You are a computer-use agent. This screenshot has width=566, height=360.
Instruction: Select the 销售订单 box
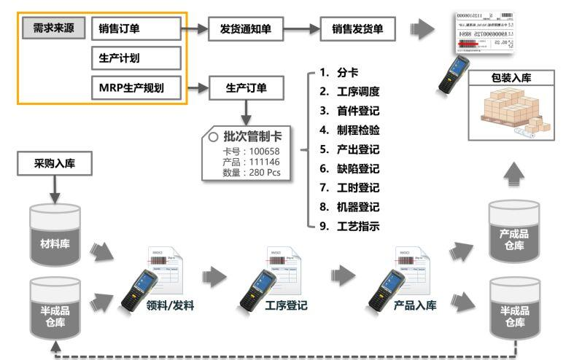click(136, 30)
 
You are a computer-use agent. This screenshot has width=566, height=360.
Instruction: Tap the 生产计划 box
click(136, 58)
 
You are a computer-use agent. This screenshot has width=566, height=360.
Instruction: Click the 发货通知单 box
click(246, 30)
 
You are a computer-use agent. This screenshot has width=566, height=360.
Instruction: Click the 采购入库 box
click(54, 165)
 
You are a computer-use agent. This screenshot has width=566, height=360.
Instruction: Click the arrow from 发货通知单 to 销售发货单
click(301, 30)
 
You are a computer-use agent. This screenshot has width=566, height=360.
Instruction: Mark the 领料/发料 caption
click(170, 306)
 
